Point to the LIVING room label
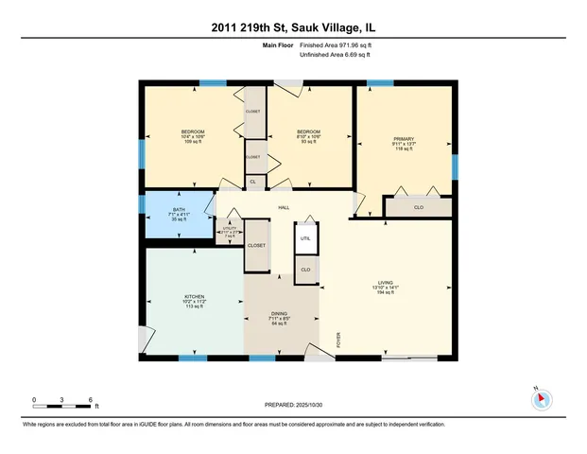point(385,287)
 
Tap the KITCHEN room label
point(194,302)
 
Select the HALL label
point(283,208)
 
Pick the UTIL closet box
point(305,239)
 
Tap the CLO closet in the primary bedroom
point(417,206)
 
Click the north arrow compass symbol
point(541,399)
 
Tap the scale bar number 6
point(89,398)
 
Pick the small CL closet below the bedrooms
point(252,182)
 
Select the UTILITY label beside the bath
point(228,230)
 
